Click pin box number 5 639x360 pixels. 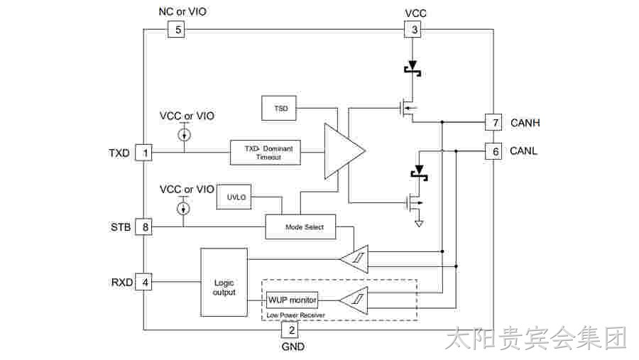[176, 29]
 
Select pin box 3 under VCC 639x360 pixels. [413, 29]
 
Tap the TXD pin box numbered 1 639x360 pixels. [143, 153]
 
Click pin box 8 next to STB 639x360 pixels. [143, 227]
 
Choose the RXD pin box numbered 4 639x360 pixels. [143, 282]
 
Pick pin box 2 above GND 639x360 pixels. [290, 329]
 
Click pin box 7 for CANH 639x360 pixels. [493, 122]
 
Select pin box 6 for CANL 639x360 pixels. [493, 151]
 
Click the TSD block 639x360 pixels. [279, 108]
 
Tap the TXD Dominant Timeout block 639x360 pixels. [266, 153]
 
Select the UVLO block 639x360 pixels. [234, 197]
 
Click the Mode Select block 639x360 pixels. [301, 227]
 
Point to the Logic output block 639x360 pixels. [224, 282]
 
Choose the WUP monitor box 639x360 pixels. [292, 300]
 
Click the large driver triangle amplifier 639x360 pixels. [344, 151]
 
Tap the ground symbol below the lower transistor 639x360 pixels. [418, 223]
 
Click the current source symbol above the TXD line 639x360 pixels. [184, 134]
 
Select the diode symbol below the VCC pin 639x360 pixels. [413, 68]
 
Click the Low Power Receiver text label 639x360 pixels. [296, 315]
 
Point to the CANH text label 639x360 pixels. [525, 122]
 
